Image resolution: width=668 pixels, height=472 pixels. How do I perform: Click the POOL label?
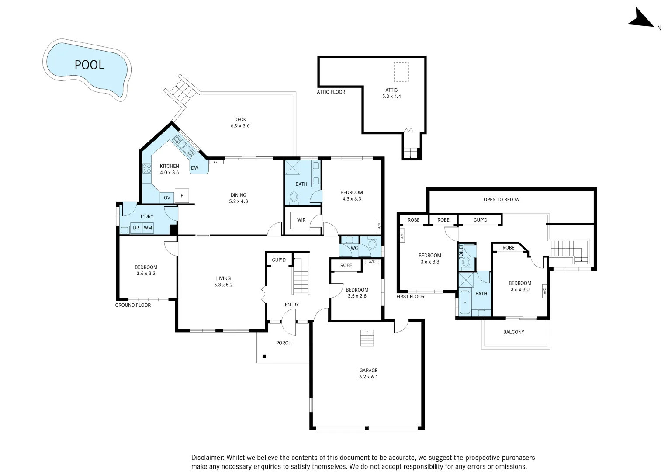coord(89,65)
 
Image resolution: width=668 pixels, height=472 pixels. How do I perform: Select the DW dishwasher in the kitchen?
coord(194,168)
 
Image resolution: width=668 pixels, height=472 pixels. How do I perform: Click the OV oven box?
coord(167,198)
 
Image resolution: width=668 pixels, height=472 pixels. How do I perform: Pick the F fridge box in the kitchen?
coord(182,196)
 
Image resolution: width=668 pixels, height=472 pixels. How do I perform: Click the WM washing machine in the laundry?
coord(148,228)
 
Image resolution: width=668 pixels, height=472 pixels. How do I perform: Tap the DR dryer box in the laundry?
coord(136,228)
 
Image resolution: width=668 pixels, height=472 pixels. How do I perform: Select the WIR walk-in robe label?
coord(301,220)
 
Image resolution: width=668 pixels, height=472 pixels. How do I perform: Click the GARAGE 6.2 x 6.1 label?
coord(368,373)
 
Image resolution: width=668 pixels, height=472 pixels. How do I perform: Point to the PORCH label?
coord(284,343)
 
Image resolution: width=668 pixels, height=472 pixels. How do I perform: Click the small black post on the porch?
coord(264,357)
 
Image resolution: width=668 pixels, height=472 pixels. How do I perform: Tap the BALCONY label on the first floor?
coord(513,332)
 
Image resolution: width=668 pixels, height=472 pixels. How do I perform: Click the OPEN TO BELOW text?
coord(501,199)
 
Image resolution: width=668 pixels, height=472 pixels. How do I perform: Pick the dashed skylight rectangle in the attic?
coord(401,72)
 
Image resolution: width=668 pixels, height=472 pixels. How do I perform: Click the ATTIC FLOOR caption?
coord(331,92)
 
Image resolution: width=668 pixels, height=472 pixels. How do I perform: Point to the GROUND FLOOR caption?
coord(133,305)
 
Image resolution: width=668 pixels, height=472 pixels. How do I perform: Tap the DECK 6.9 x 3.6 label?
coord(240,122)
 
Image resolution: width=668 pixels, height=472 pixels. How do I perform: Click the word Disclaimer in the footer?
coord(208,458)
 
